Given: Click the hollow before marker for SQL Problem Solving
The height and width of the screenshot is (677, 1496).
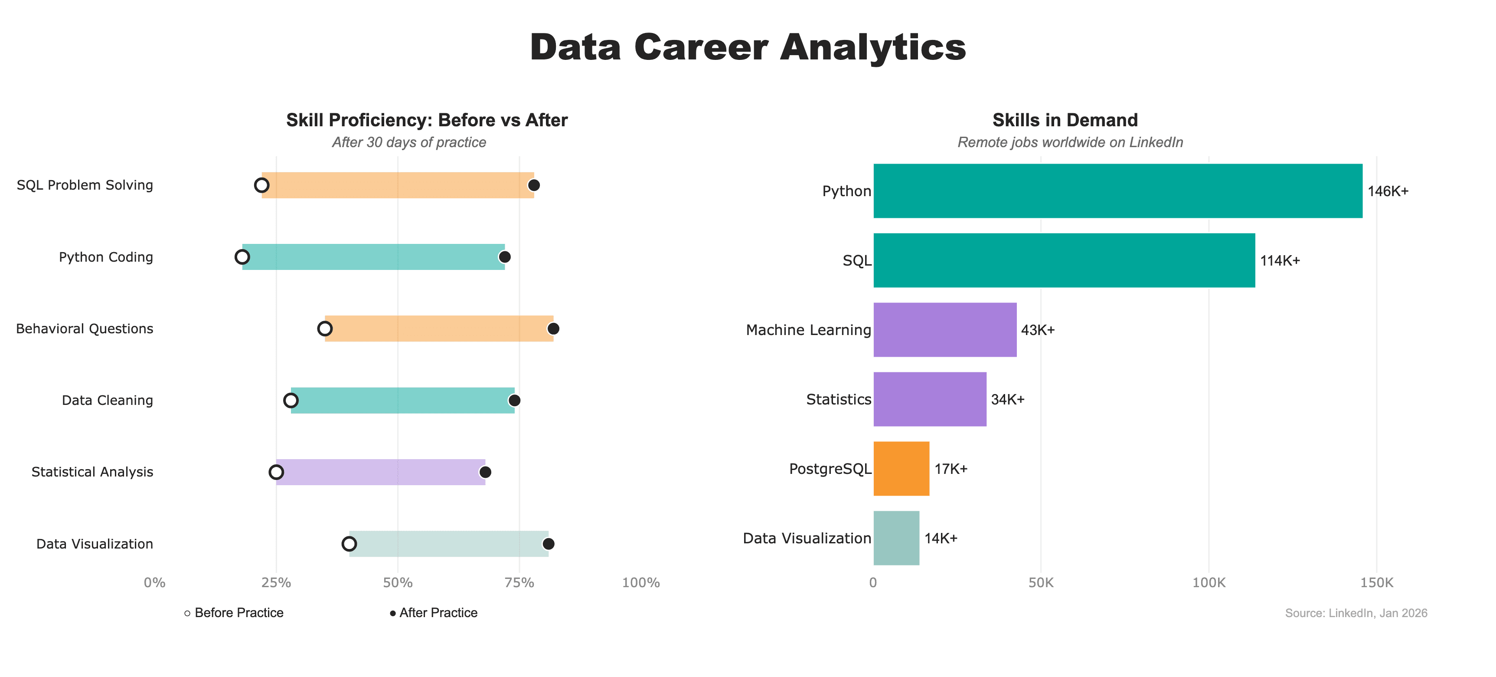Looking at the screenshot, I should (261, 185).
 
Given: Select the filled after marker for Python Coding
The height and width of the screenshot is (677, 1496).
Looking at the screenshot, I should (505, 257).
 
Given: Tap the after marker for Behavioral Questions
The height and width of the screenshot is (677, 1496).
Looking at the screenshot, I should (553, 329).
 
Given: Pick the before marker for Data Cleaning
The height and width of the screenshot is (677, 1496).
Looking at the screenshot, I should (291, 401).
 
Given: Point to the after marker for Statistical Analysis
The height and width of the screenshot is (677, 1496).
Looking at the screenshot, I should (485, 472).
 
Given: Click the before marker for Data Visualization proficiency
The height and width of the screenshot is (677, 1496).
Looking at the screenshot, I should (349, 544).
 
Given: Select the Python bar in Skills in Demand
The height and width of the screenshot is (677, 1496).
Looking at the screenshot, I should (1117, 191).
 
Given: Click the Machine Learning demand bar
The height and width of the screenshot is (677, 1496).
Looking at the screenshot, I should (945, 330).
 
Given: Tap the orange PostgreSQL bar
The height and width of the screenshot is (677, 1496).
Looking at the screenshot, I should (902, 469).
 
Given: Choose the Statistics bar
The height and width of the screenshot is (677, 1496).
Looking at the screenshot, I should (930, 399).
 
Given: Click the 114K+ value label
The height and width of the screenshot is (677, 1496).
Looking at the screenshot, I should (1279, 261).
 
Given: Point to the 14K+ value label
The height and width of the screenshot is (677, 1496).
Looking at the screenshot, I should (941, 539).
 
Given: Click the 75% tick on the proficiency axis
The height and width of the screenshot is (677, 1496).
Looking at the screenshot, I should (519, 583).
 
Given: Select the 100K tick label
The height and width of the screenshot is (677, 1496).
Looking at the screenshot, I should (1209, 583).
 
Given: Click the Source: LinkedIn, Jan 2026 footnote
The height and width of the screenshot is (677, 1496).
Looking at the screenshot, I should (1356, 613).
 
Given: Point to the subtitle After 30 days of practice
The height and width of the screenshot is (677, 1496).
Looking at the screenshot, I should (409, 142).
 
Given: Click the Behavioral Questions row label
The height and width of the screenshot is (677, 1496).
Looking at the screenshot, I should (85, 329).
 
